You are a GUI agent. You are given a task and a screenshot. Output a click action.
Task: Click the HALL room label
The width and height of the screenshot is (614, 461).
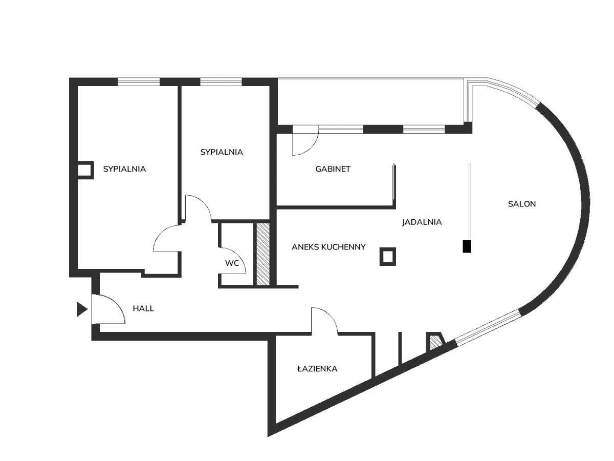[x=143, y=308]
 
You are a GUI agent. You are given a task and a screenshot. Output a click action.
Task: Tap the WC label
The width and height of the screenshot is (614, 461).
[x=232, y=263]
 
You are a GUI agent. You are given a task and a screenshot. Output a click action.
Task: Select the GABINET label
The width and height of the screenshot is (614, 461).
[x=333, y=169]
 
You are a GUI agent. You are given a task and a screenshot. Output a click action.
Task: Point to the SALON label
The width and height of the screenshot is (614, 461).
[x=522, y=204]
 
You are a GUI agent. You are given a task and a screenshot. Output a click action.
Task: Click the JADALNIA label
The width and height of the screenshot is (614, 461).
[x=422, y=222]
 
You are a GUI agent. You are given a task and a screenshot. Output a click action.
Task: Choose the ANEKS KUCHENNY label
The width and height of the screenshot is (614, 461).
[x=328, y=247]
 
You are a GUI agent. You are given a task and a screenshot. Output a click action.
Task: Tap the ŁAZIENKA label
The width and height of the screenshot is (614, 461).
[x=317, y=369]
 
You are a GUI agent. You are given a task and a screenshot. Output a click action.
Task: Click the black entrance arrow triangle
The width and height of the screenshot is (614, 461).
[x=82, y=309]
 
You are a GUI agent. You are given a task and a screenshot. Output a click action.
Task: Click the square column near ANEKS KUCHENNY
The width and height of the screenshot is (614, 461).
[x=388, y=257]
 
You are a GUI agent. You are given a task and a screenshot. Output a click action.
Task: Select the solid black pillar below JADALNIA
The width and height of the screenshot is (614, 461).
[x=467, y=246]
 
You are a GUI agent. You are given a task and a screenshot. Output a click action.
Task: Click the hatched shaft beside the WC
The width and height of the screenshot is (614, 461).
[x=263, y=254]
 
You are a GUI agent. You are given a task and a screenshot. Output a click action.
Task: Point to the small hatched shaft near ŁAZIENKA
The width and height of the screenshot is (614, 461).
[x=435, y=342]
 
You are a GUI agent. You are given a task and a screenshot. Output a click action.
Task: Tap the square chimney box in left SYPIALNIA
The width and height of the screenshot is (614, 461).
[x=85, y=170]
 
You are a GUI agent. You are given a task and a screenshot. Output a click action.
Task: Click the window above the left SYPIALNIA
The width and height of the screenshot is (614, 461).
[x=139, y=82]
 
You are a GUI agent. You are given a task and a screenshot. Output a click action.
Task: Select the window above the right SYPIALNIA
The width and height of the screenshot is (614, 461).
[x=221, y=82]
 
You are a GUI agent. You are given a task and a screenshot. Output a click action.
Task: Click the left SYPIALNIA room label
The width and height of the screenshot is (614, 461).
[x=124, y=169]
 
